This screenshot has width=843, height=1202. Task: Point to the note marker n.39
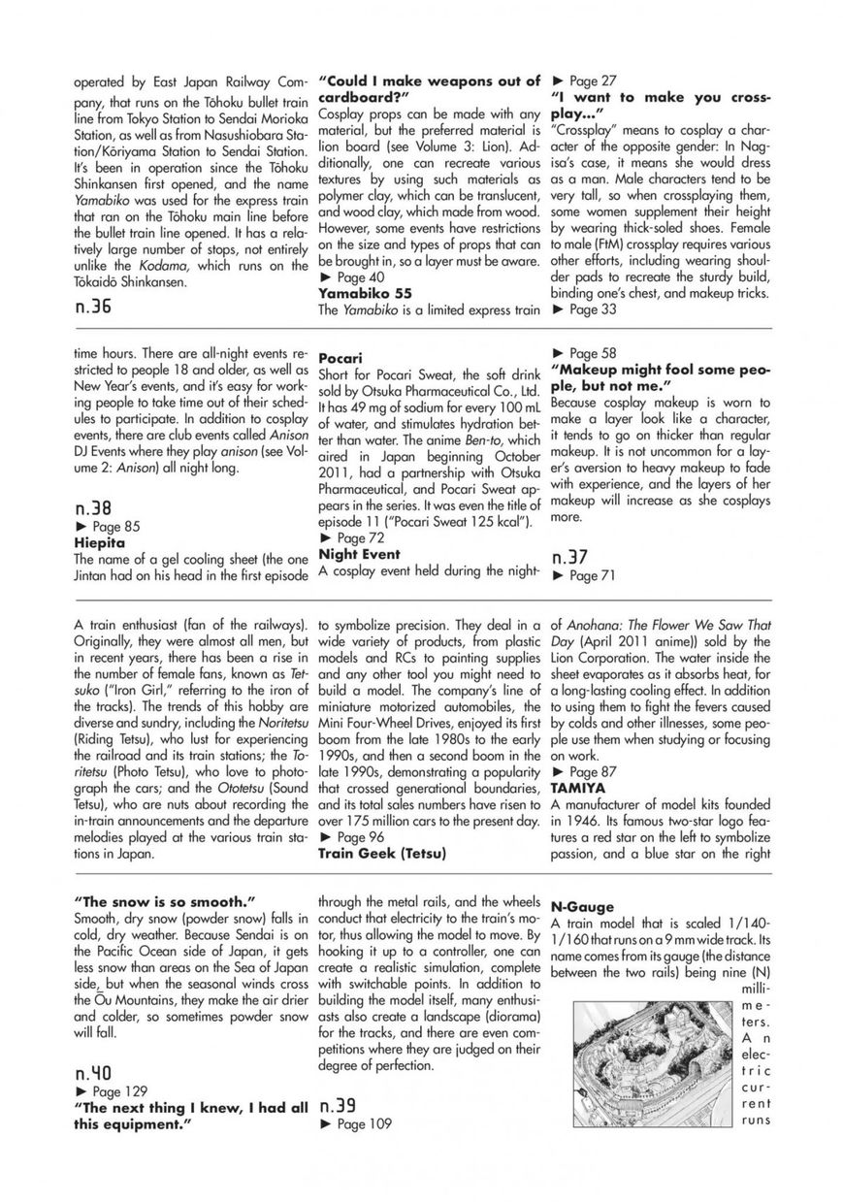tap(337, 1105)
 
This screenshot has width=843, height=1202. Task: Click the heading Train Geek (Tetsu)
tap(381, 854)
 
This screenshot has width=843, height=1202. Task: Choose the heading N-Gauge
tap(582, 907)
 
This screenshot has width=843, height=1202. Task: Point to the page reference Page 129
tap(113, 1092)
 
